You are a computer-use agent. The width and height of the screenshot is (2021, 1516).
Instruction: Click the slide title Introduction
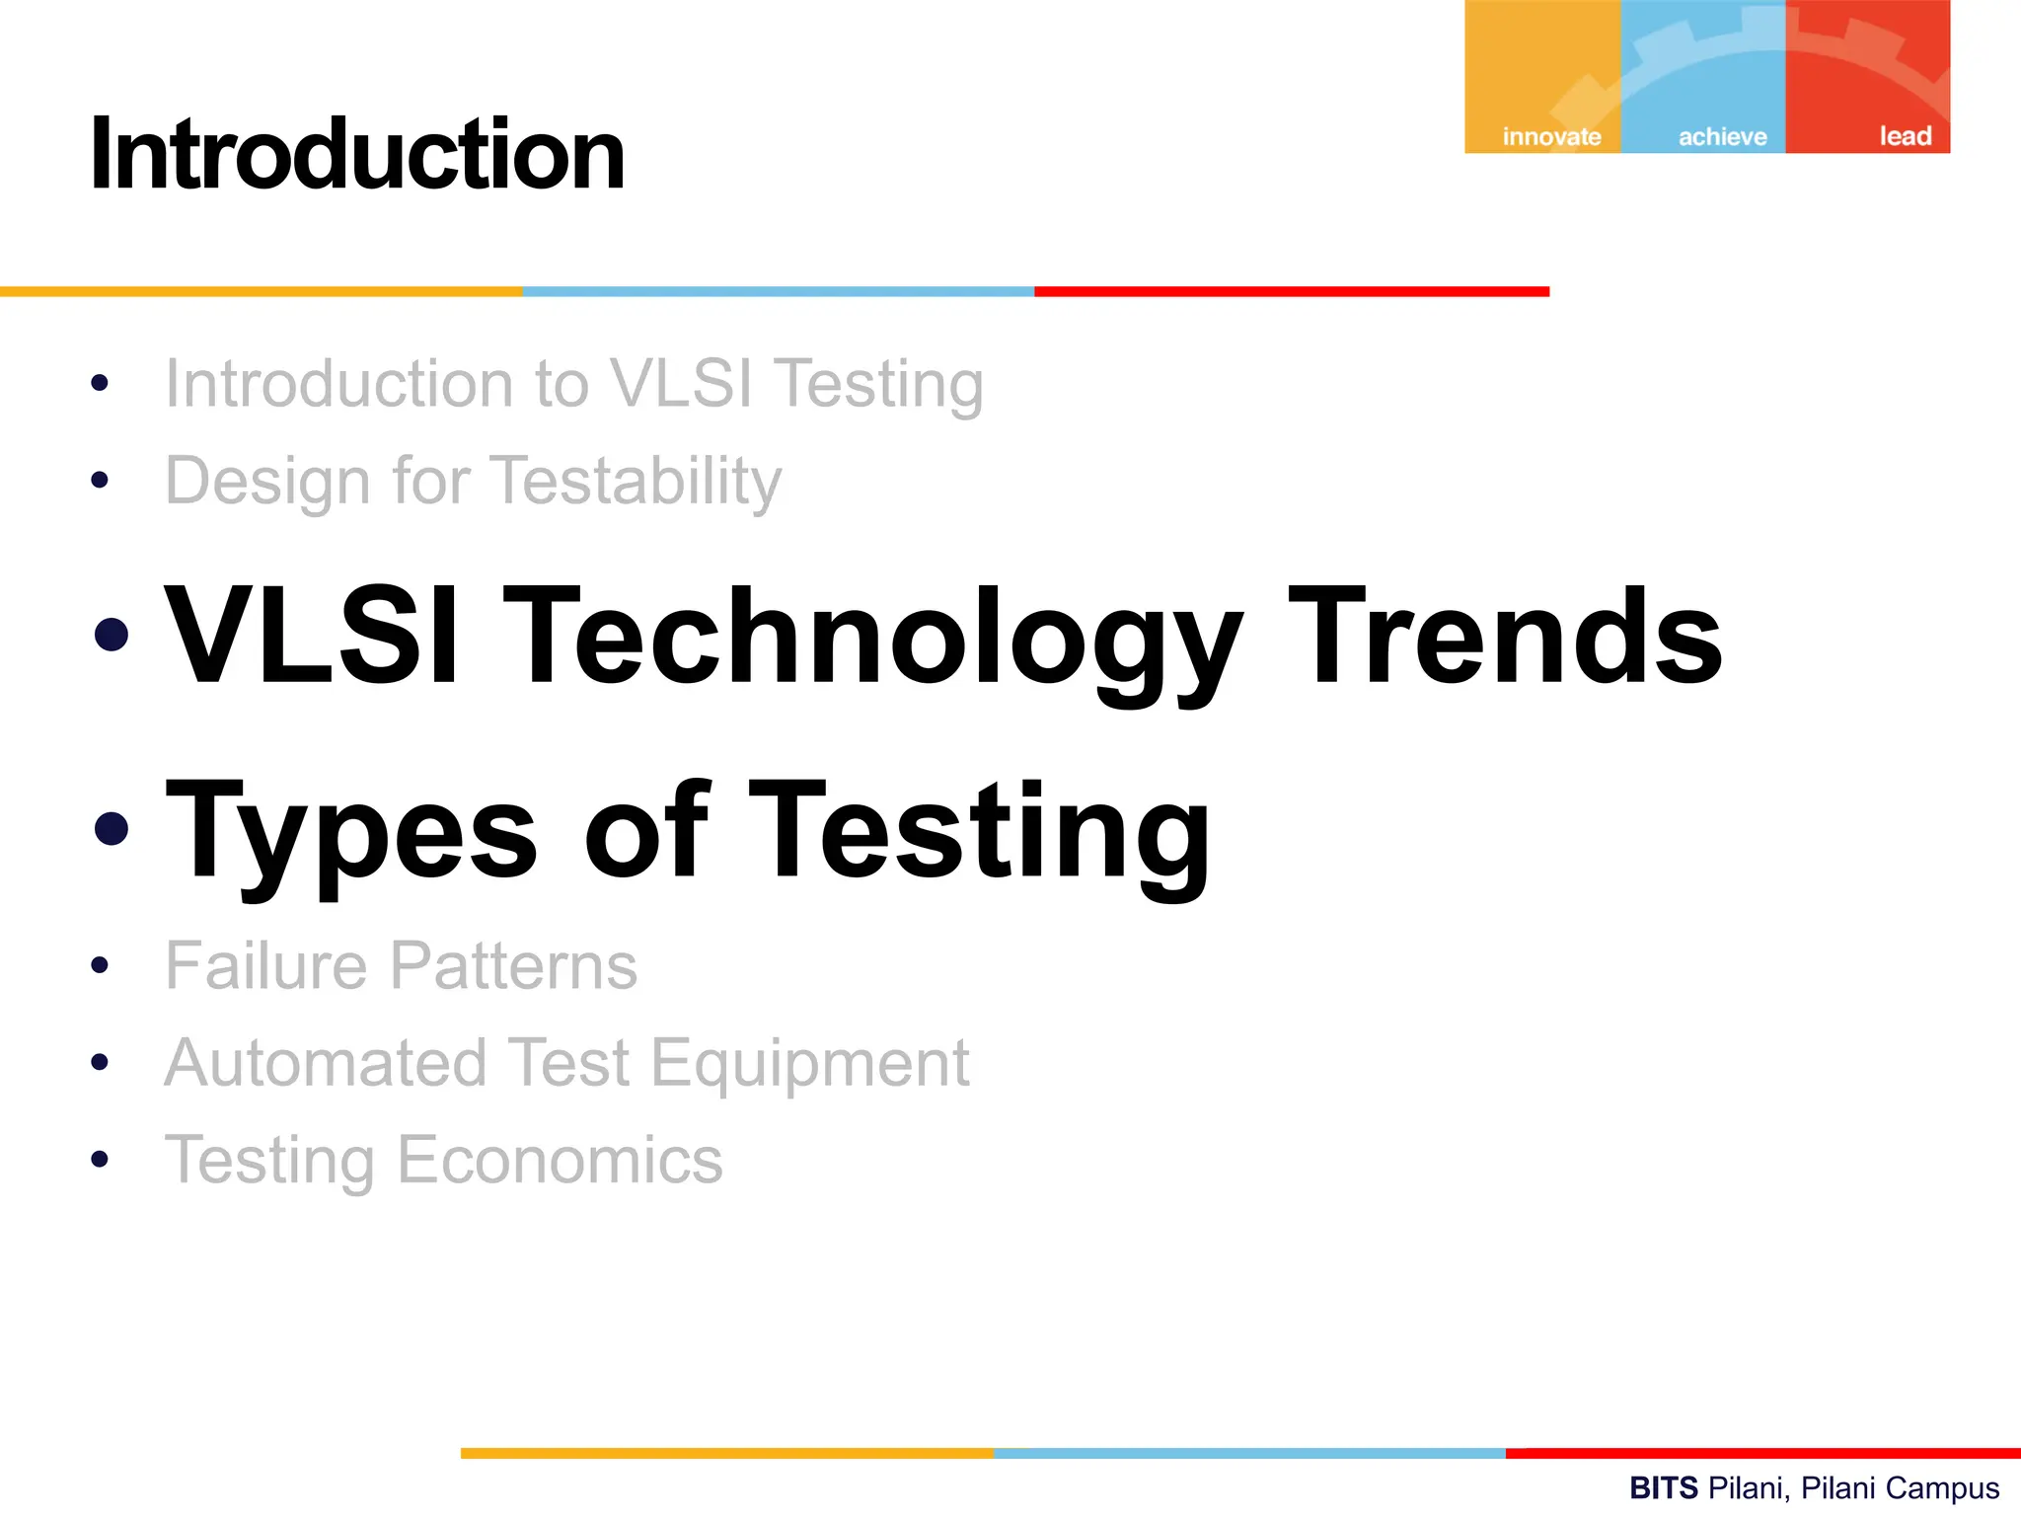pyautogui.click(x=357, y=155)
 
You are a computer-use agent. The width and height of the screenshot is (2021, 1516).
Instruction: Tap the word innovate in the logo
pyautogui.click(x=1551, y=136)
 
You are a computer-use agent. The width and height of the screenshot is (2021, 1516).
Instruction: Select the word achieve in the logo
pyautogui.click(x=1722, y=136)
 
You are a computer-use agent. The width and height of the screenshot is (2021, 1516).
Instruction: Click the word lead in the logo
pyautogui.click(x=1905, y=135)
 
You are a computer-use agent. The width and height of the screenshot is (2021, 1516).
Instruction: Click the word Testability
pyautogui.click(x=636, y=481)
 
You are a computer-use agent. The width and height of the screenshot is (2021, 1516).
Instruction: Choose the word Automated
pyautogui.click(x=326, y=1063)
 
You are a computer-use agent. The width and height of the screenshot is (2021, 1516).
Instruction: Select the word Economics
pyautogui.click(x=560, y=1160)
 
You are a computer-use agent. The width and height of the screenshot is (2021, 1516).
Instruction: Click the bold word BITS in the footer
pyautogui.click(x=1664, y=1487)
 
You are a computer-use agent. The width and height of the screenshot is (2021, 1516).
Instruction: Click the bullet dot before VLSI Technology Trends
pyautogui.click(x=112, y=635)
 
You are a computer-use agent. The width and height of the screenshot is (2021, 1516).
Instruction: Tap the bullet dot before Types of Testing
pyautogui.click(x=112, y=829)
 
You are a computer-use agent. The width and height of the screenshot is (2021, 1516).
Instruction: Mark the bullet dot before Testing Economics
pyautogui.click(x=99, y=1160)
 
